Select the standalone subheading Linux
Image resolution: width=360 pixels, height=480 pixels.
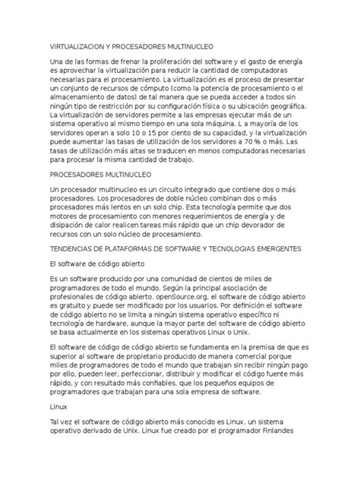click(x=57, y=406)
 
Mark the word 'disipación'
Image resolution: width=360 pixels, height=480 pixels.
click(x=72, y=225)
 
